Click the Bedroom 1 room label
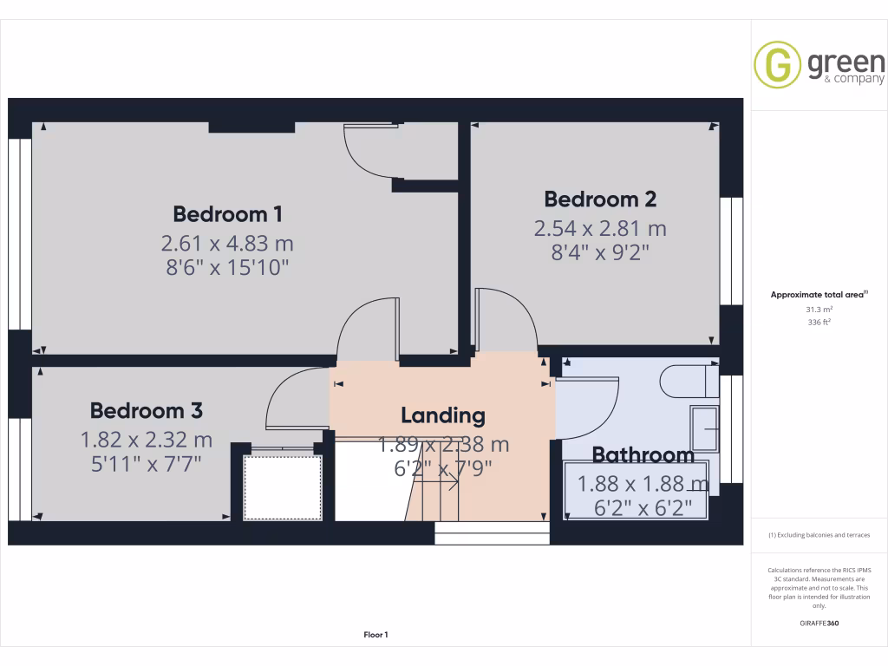[228, 213]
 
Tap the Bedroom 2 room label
[600, 199]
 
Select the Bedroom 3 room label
[147, 410]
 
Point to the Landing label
[442, 415]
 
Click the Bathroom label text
[643, 454]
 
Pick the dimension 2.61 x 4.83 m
[228, 243]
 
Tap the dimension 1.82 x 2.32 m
[147, 440]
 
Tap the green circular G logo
[777, 65]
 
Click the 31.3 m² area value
[819, 309]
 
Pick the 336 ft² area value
[819, 322]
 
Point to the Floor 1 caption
[375, 635]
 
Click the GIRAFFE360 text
[819, 623]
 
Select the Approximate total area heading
[818, 295]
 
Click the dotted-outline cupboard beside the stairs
[282, 486]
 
